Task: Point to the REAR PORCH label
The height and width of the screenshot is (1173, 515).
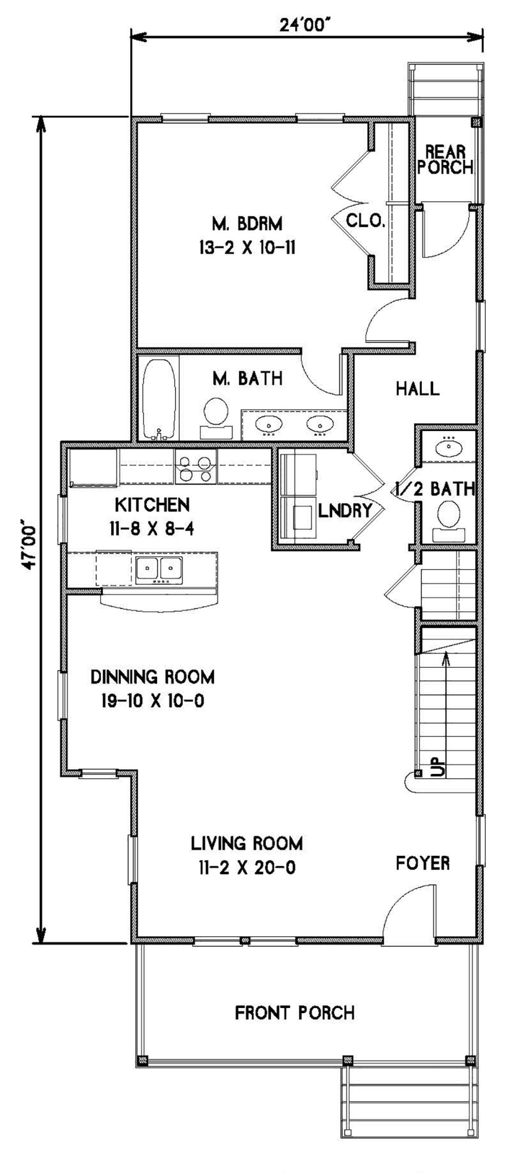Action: tap(445, 160)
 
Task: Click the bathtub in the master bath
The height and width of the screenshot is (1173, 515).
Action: tap(158, 399)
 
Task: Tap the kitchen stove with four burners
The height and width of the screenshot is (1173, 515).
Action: tap(196, 467)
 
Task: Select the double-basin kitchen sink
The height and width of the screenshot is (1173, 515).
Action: tap(159, 568)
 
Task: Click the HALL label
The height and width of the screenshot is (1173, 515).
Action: tap(418, 389)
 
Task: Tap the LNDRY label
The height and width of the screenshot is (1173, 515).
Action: tap(345, 510)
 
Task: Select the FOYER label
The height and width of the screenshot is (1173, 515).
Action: tap(423, 863)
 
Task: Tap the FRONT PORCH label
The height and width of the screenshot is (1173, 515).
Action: tap(294, 1013)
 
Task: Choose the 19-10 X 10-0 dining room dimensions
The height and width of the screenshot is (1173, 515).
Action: tap(152, 701)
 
